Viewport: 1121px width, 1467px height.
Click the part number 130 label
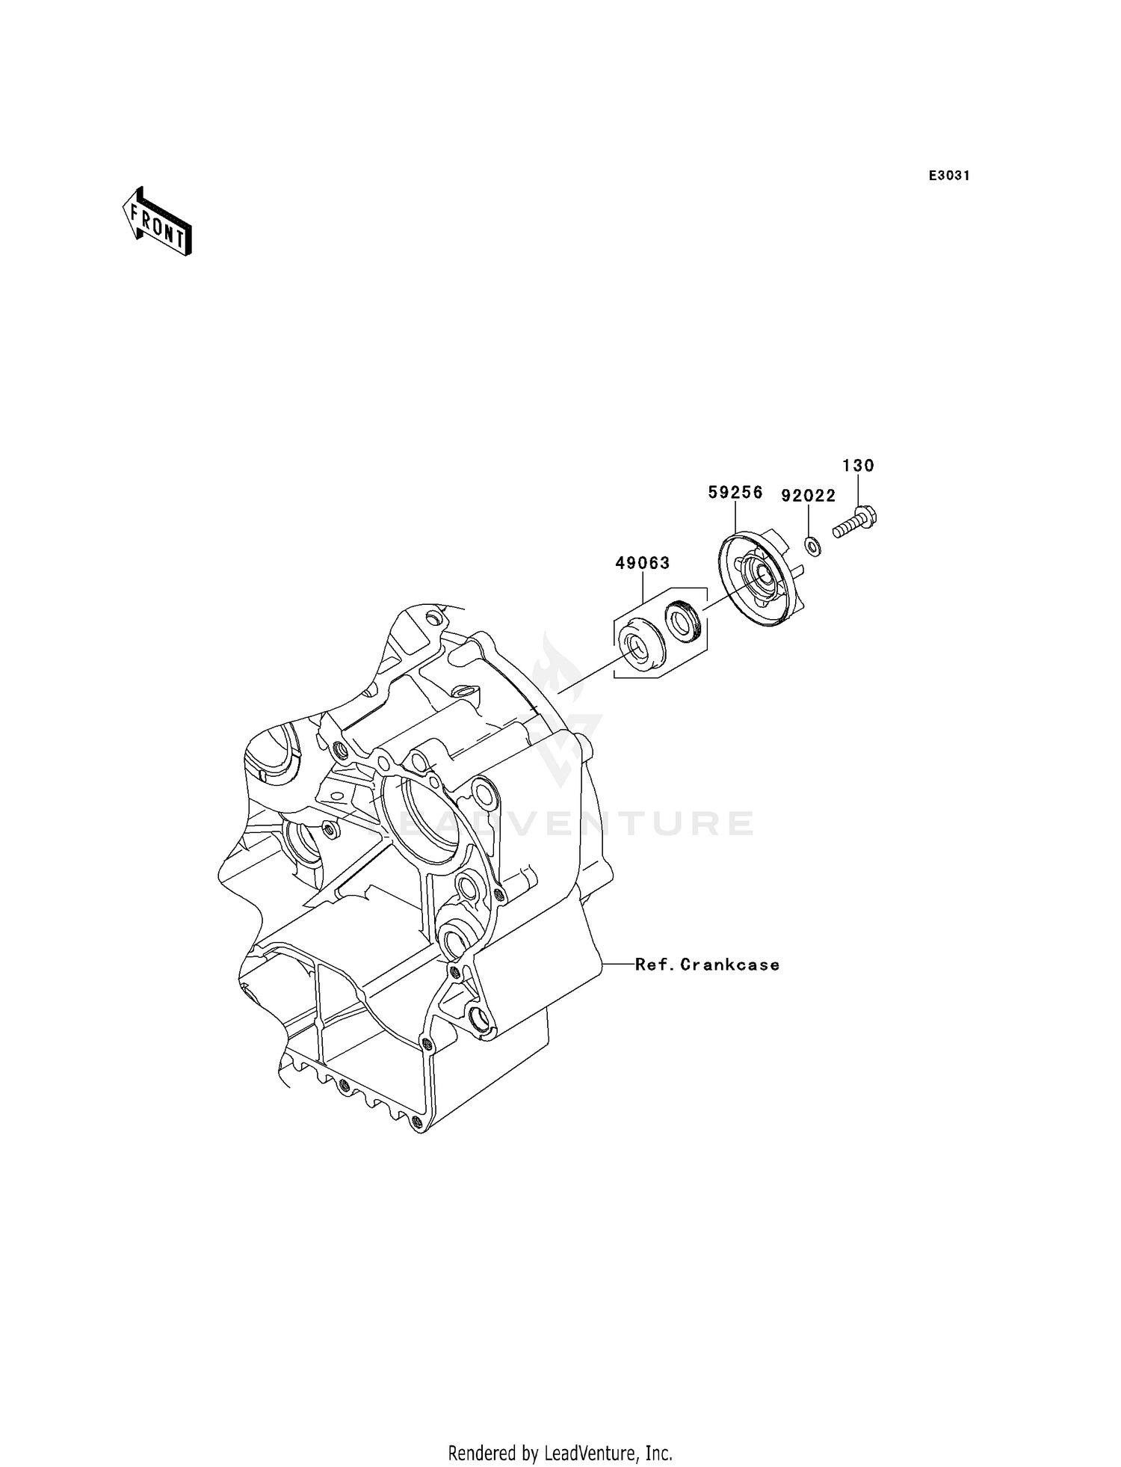pyautogui.click(x=858, y=466)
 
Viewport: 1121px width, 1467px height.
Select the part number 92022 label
pyautogui.click(x=808, y=496)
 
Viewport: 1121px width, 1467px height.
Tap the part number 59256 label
pyautogui.click(x=735, y=492)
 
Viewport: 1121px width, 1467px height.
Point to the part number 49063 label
pyautogui.click(x=643, y=563)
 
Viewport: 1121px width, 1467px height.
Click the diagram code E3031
pyautogui.click(x=949, y=176)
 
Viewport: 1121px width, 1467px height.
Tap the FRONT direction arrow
pyautogui.click(x=158, y=222)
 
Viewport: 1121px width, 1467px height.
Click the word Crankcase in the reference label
pyautogui.click(x=730, y=965)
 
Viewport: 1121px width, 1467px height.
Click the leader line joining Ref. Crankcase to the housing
pyautogui.click(x=617, y=965)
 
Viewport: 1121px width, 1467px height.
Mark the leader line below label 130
pyautogui.click(x=858, y=490)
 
